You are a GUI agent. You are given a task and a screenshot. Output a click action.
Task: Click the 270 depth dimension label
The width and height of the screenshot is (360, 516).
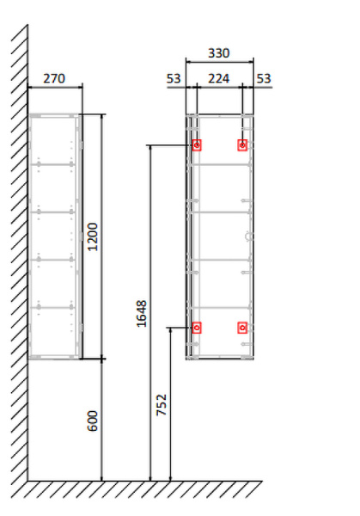click(54, 78)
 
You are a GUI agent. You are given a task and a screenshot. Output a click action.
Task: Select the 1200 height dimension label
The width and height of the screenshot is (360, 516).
click(94, 236)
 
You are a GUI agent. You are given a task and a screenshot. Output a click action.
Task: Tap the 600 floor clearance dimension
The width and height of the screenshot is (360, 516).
click(94, 421)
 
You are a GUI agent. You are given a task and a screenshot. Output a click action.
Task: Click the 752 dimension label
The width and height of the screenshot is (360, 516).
click(162, 404)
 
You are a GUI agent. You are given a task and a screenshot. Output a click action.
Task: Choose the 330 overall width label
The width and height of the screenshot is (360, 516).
click(219, 53)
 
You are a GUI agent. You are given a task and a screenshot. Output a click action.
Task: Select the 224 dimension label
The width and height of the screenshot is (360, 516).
click(219, 79)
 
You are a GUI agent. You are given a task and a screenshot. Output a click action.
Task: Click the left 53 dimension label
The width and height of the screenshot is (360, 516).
click(174, 79)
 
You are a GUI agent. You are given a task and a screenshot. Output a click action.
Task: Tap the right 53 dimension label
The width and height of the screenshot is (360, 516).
click(264, 79)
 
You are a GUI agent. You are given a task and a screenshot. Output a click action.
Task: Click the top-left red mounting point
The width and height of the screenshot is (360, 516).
click(197, 145)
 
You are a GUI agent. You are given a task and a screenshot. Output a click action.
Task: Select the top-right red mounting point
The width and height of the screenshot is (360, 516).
click(242, 145)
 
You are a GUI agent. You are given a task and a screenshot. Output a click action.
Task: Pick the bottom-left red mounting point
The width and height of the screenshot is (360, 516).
click(197, 327)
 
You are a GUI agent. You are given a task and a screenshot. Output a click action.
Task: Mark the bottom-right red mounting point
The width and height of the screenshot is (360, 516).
click(242, 327)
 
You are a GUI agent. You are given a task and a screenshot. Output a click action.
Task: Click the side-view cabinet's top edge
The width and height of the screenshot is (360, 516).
click(55, 114)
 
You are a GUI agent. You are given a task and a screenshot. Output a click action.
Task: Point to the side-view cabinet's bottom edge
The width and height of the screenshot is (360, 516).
click(55, 358)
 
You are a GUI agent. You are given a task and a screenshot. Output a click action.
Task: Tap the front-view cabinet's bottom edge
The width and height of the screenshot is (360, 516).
click(220, 359)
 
